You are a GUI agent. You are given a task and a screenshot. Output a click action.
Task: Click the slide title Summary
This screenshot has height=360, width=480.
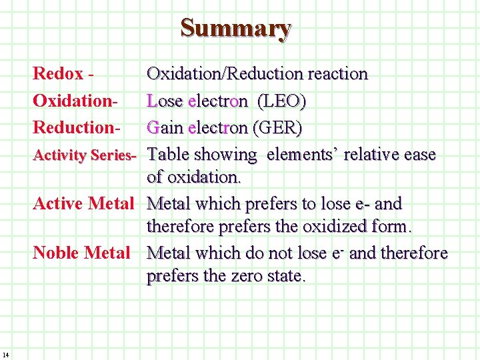[236, 29]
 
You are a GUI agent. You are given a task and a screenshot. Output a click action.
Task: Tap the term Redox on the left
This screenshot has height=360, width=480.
[58, 74]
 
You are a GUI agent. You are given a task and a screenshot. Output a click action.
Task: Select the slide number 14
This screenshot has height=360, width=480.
[5, 353]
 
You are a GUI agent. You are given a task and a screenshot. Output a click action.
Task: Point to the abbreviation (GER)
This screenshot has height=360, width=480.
[275, 127]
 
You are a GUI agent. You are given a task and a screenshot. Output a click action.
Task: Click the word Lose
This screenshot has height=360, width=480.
[165, 102]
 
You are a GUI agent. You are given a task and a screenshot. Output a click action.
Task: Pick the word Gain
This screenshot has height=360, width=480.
[165, 127]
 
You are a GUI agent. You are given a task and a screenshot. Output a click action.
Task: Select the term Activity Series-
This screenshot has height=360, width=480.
[85, 155]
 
